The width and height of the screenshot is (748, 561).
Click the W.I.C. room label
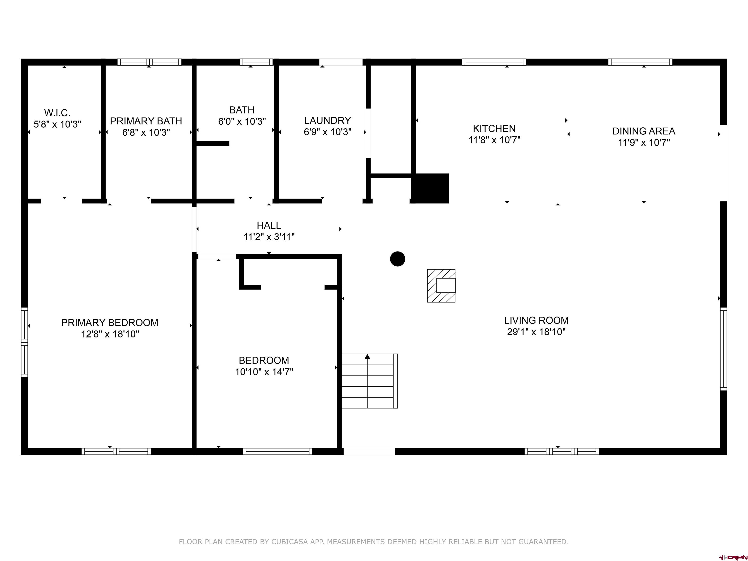(x=57, y=113)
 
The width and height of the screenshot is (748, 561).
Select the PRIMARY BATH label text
(x=146, y=121)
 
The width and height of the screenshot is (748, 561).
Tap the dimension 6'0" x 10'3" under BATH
(x=242, y=122)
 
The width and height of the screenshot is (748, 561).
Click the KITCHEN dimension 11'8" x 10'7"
(x=494, y=140)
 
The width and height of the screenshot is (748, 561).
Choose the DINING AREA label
(x=644, y=131)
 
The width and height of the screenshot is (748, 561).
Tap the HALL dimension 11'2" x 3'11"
(x=269, y=237)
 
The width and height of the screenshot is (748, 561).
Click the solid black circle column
(x=397, y=259)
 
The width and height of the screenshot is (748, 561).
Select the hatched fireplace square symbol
(x=441, y=286)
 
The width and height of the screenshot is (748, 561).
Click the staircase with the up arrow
(x=369, y=381)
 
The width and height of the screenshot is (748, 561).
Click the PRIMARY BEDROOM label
(x=110, y=323)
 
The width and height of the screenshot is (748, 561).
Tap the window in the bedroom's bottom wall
(x=277, y=451)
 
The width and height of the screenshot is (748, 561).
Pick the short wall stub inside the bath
(x=212, y=143)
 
